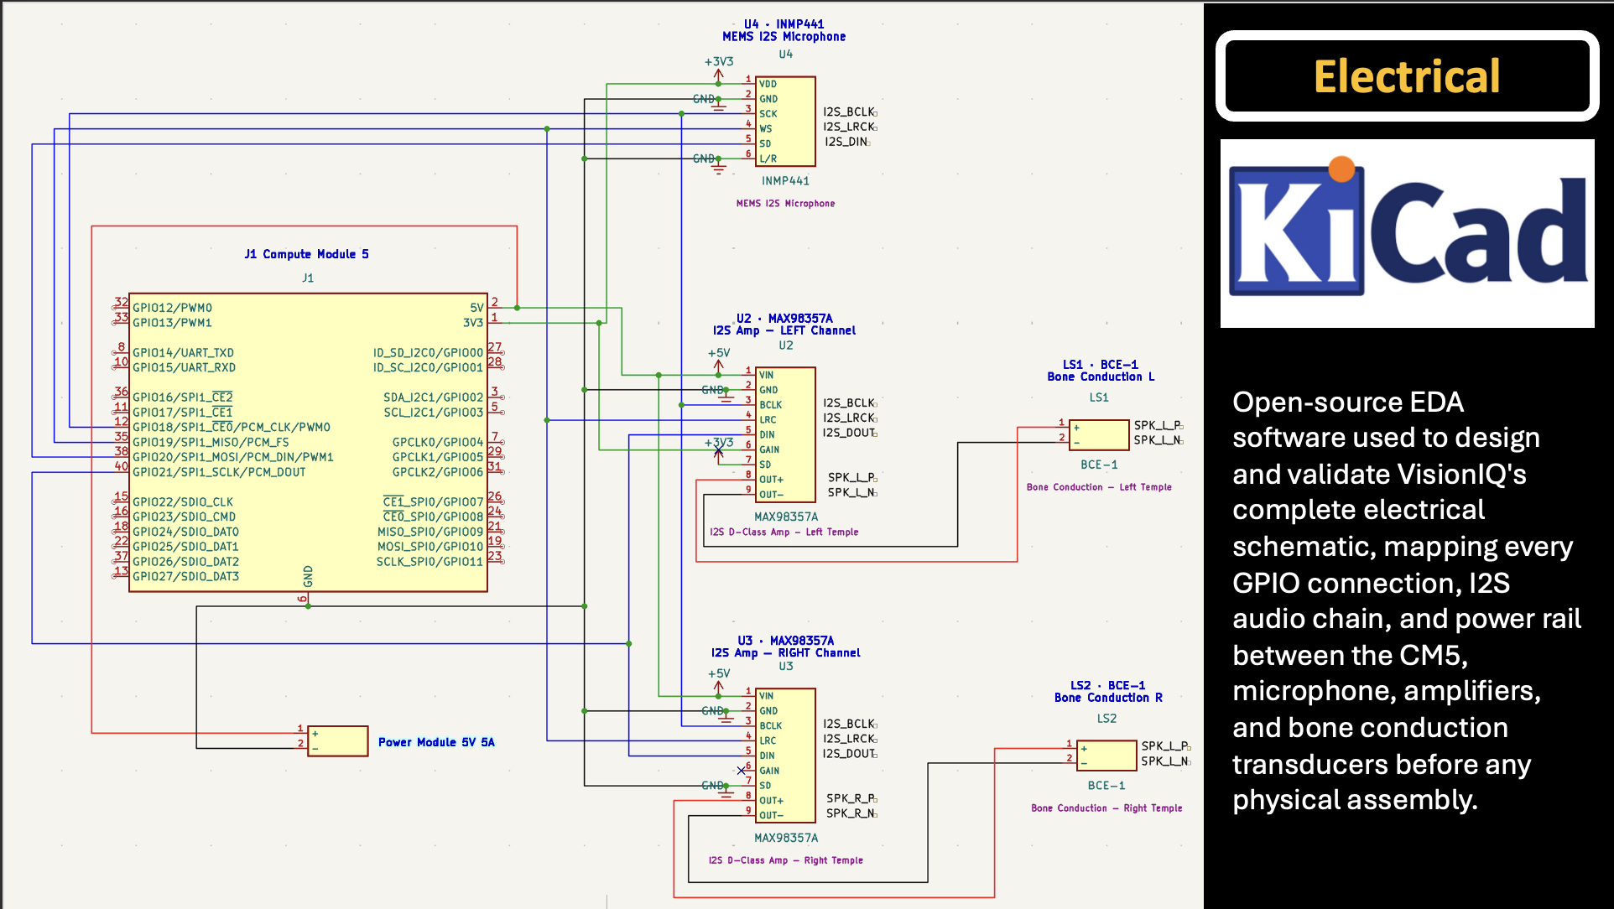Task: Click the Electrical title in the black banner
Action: [1407, 76]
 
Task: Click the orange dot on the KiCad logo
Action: [1341, 169]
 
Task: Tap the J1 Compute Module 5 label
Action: [306, 254]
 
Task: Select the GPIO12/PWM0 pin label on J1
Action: [172, 308]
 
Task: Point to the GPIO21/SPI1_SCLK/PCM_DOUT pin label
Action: [219, 472]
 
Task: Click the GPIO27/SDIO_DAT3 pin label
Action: [185, 576]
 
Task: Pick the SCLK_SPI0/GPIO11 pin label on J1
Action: [430, 562]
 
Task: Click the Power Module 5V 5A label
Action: [436, 742]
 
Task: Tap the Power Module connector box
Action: [338, 741]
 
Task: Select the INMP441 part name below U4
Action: [785, 181]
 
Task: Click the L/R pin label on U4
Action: [768, 158]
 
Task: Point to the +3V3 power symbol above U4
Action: [719, 66]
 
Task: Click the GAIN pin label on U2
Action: [769, 449]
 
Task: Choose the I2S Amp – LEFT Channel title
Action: [784, 330]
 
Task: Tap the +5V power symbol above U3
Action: [719, 679]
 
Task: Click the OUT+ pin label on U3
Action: [771, 801]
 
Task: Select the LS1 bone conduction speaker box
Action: [1099, 435]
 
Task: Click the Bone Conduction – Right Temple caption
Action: [1106, 808]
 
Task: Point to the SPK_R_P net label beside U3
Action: [851, 798]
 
